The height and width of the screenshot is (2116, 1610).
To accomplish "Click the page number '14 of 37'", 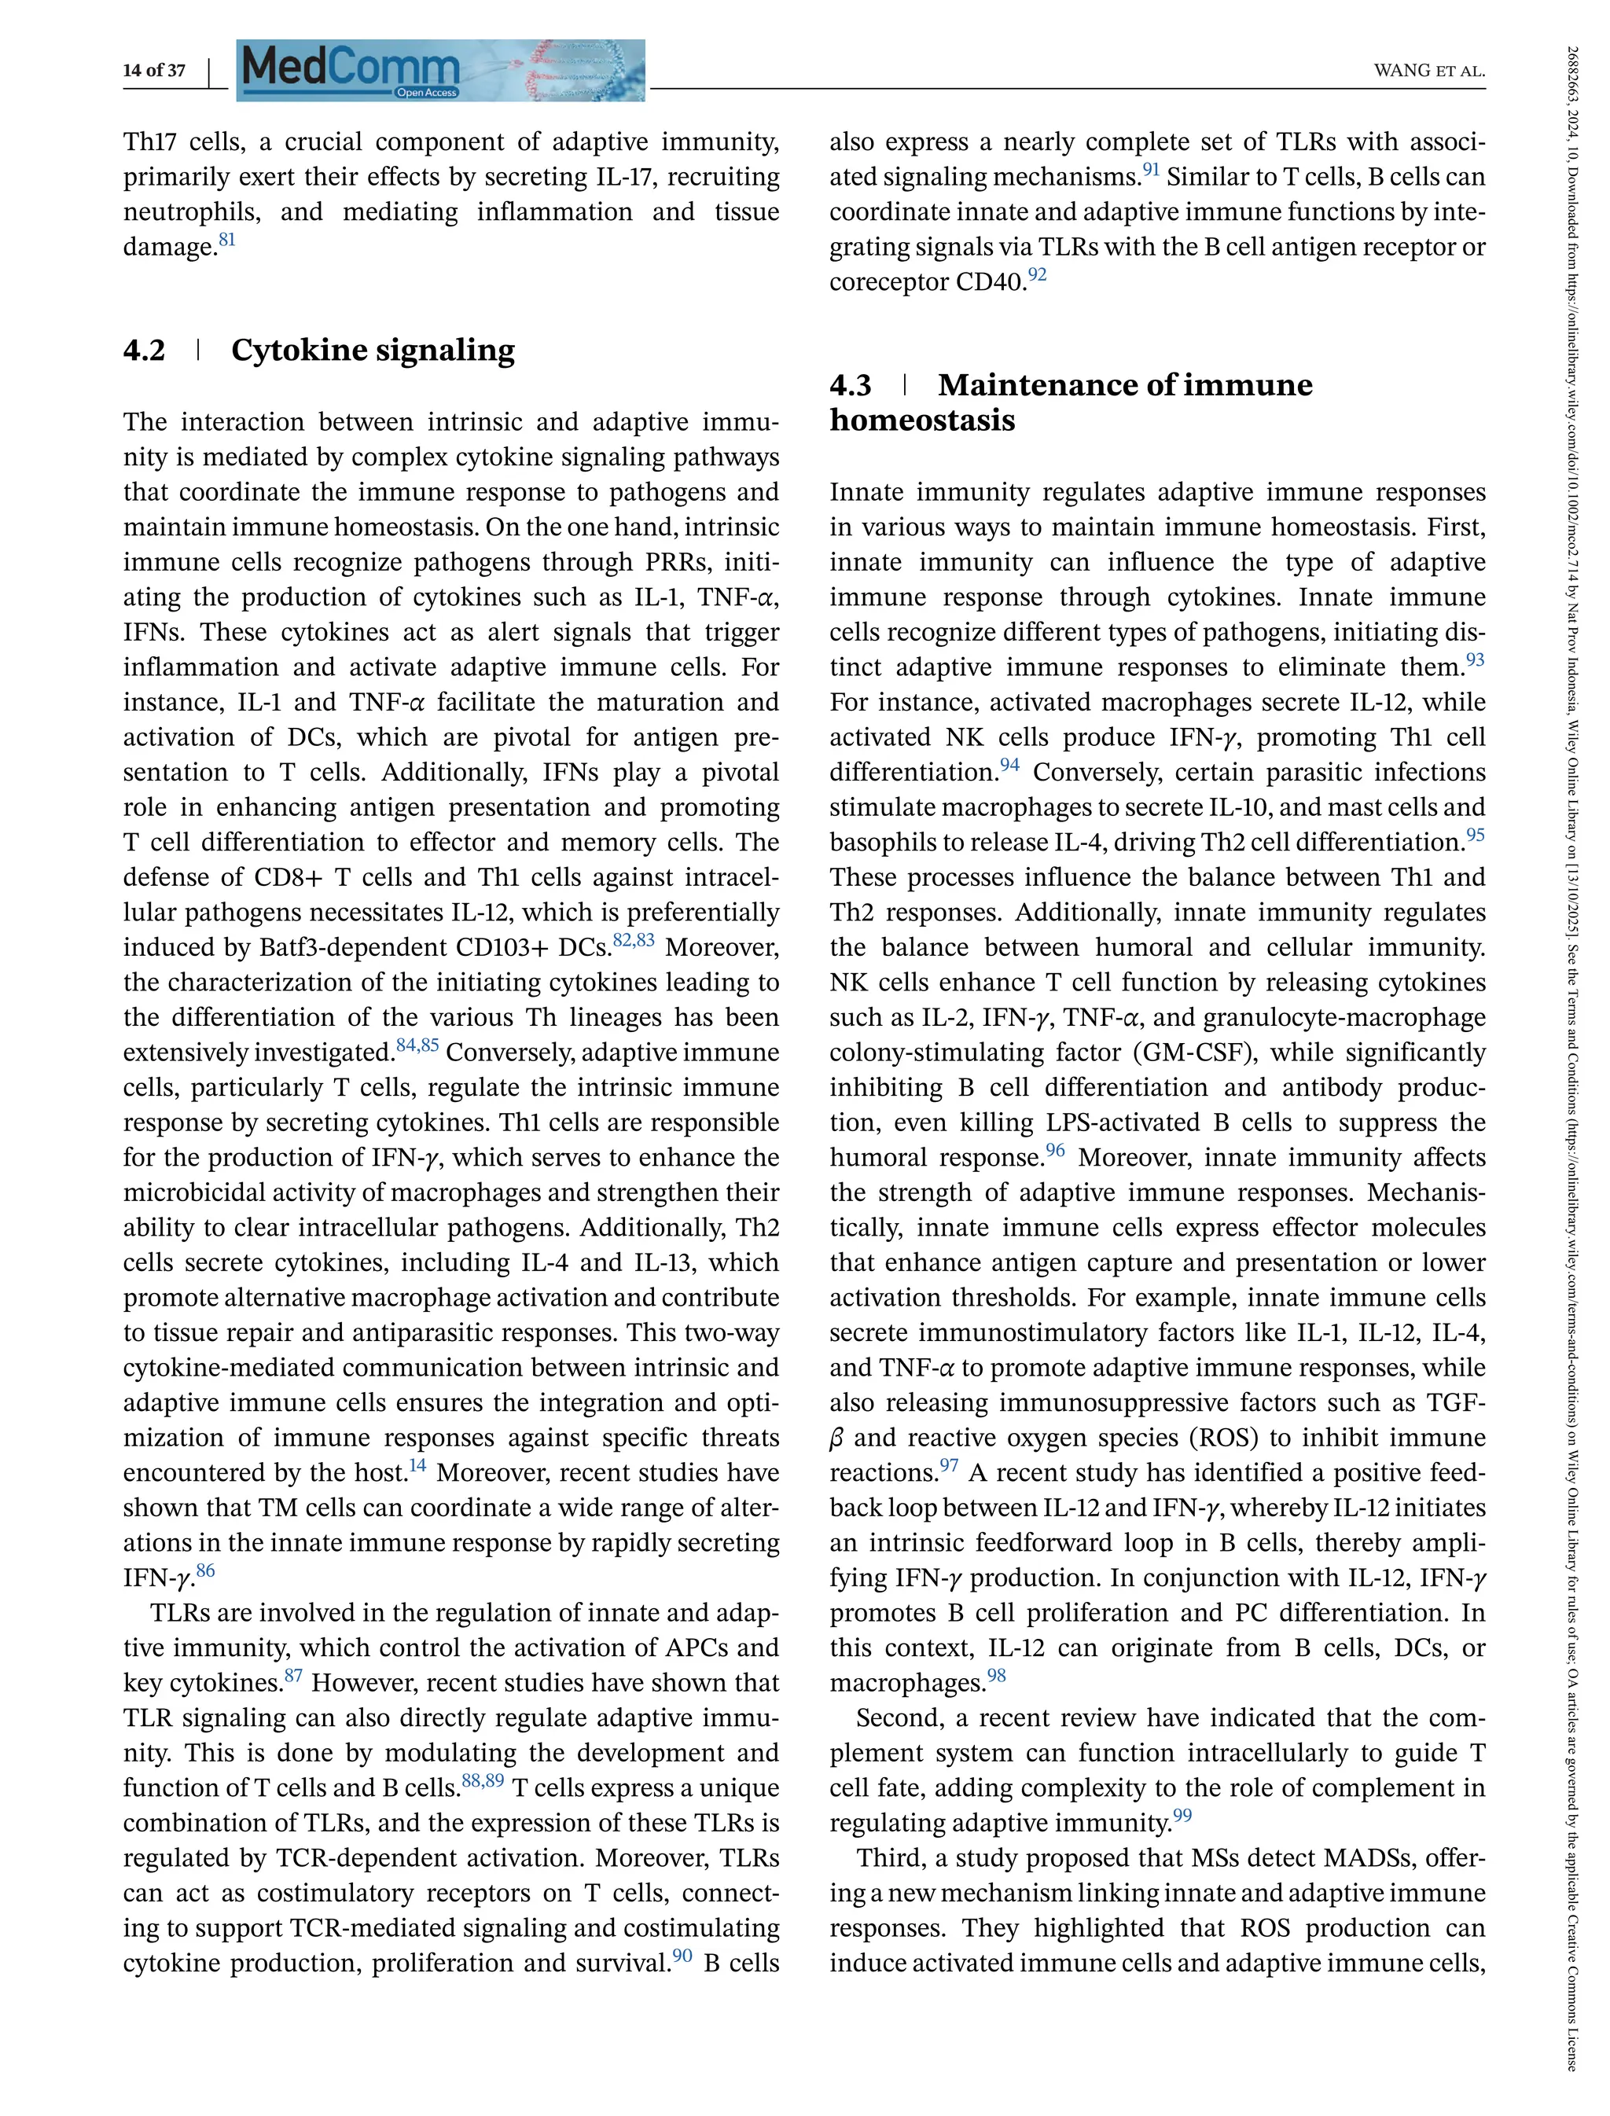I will pos(154,70).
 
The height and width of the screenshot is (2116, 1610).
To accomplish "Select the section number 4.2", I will pos(144,351).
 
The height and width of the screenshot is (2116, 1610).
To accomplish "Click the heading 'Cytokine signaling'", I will pos(373,351).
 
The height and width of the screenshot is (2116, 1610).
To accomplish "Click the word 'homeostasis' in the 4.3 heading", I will pos(922,421).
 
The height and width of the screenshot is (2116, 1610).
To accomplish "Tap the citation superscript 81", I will pos(227,240).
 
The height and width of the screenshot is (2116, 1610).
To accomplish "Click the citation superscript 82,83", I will pos(634,940).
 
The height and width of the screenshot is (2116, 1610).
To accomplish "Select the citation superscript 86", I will pos(205,1570).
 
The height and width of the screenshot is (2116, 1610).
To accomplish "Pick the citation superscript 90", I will pos(682,1956).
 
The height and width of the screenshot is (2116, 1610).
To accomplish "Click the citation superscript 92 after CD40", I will pos(1037,275).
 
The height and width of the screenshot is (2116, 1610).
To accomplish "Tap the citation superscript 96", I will pos(1055,1150).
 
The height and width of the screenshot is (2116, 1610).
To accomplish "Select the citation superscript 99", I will pos(1182,1815).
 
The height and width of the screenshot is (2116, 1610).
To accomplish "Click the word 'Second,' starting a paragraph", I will pos(897,1718).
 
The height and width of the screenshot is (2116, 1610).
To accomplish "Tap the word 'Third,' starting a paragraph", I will pos(888,1858).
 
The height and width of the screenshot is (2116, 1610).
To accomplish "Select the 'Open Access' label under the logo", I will pos(426,93).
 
